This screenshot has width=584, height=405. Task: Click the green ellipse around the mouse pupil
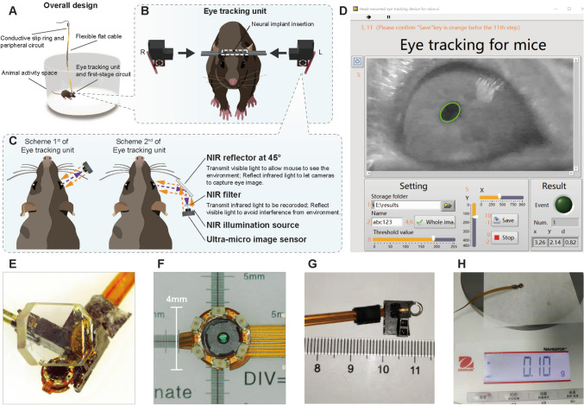point(449,112)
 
